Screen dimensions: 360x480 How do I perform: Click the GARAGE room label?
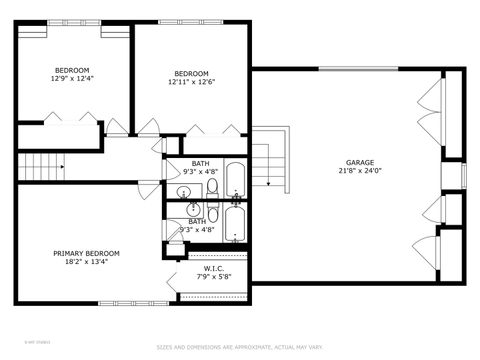click(359, 161)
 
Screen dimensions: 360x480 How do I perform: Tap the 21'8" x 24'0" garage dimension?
click(359, 170)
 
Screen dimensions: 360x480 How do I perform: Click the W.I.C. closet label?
click(212, 267)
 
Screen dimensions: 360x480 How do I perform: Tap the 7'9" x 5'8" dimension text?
click(212, 276)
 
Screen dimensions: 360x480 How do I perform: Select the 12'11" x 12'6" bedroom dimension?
click(191, 82)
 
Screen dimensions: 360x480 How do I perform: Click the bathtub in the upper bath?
click(235, 180)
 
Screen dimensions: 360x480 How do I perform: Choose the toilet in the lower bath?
click(212, 211)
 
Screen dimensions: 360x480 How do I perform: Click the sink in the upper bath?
click(186, 191)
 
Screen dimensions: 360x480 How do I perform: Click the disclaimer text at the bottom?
click(239, 348)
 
